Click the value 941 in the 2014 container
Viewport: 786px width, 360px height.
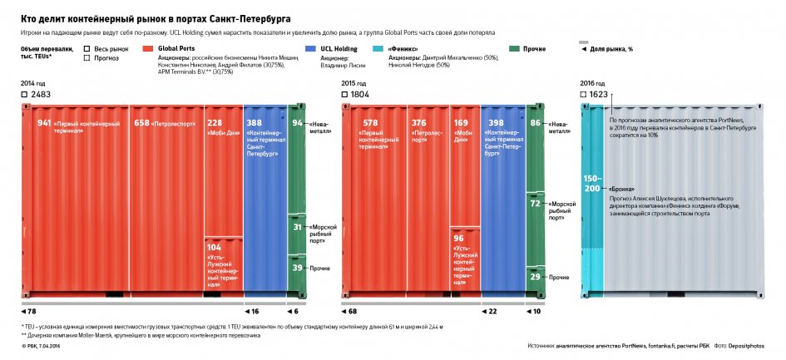pos(44,123)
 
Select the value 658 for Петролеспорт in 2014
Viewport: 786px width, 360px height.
pos(141,123)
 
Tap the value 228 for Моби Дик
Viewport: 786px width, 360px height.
pos(214,123)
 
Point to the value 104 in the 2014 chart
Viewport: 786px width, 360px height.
pos(214,248)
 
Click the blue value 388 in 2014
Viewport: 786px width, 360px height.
pos(255,123)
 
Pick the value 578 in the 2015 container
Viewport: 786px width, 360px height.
pos(370,123)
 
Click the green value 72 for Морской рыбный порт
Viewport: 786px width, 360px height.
pos(535,203)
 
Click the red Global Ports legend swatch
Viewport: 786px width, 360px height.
pos(148,49)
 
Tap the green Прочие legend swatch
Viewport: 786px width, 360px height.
pos(514,49)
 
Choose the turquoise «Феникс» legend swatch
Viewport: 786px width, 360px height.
pos(379,49)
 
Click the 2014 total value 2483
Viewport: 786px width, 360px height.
pos(41,95)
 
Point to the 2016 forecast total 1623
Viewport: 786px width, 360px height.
pos(598,95)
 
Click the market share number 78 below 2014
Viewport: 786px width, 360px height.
pos(32,311)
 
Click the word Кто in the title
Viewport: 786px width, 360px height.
pos(29,17)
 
